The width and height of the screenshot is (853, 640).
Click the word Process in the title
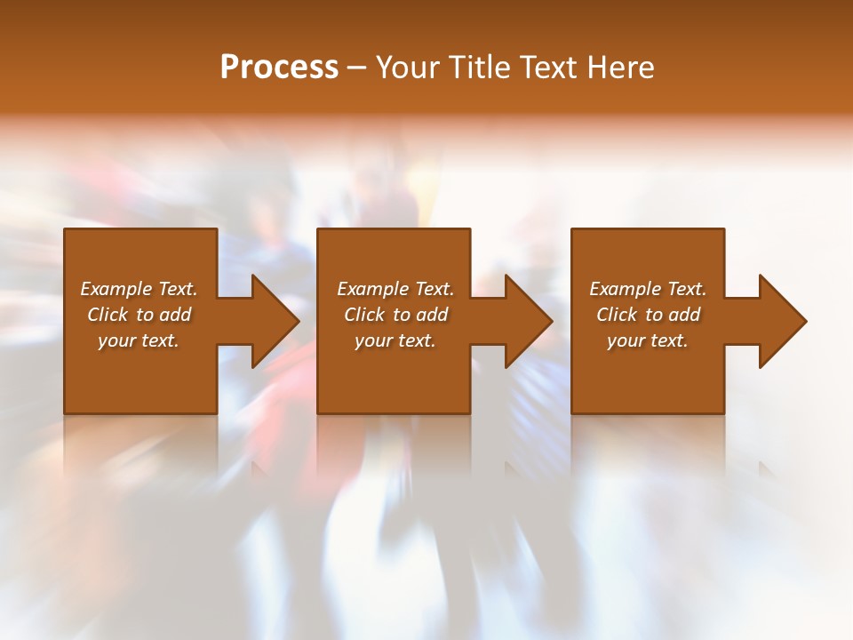[x=279, y=67]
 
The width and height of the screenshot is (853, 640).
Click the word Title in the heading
[x=481, y=67]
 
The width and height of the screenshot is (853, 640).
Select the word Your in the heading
[x=407, y=67]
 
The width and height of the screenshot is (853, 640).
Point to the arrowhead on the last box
[x=781, y=321]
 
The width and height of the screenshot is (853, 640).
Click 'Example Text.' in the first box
[x=139, y=289]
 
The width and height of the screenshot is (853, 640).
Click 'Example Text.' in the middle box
[x=395, y=289]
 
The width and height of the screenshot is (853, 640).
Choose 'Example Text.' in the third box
[x=648, y=289]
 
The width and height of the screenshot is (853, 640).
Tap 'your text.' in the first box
[x=139, y=340]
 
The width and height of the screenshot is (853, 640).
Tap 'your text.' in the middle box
[x=395, y=340]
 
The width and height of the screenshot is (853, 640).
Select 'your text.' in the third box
[x=648, y=340]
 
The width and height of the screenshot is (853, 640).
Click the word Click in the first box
[x=108, y=315]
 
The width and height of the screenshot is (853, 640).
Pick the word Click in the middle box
[x=364, y=315]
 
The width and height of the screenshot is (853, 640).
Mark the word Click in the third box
[x=617, y=315]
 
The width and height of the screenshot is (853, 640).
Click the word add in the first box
[x=175, y=315]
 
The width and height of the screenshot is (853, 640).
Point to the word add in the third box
[x=684, y=315]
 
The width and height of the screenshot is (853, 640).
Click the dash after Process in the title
[x=357, y=68]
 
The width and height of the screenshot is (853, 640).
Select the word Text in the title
[x=548, y=67]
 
